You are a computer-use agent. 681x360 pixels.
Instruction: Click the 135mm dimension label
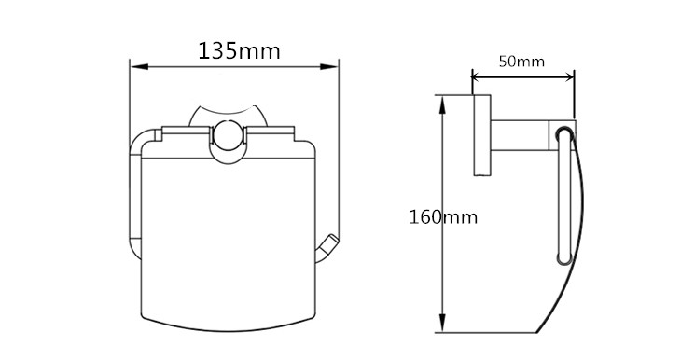239,50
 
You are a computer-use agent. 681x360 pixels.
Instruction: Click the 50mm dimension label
521,62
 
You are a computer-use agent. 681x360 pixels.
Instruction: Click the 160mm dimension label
443,216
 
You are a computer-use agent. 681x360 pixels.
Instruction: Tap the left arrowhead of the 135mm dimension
139,67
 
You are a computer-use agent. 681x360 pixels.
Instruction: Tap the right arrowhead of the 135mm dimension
329,67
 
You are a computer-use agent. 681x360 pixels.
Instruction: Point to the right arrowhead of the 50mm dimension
567,77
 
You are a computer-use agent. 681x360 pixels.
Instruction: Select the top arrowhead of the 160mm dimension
442,104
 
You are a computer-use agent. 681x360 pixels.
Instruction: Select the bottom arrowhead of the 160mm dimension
442,324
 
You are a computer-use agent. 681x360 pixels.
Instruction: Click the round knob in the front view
228,135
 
